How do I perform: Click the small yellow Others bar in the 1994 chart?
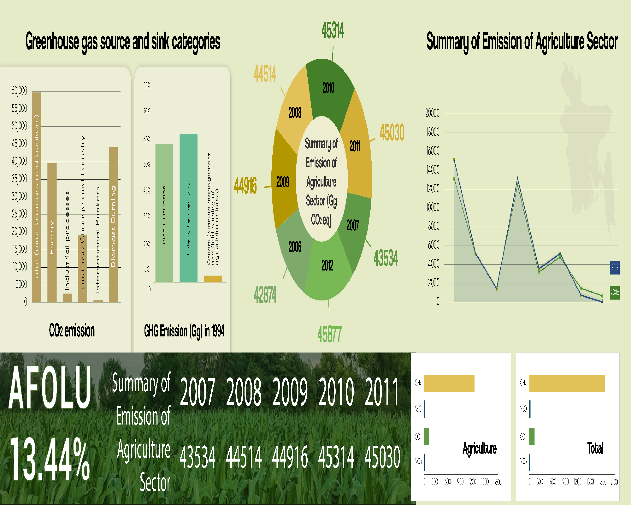213,279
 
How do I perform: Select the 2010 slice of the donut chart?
329,88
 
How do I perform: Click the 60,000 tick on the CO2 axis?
19,91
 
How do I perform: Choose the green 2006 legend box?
615,292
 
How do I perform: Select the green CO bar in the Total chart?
532,437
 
